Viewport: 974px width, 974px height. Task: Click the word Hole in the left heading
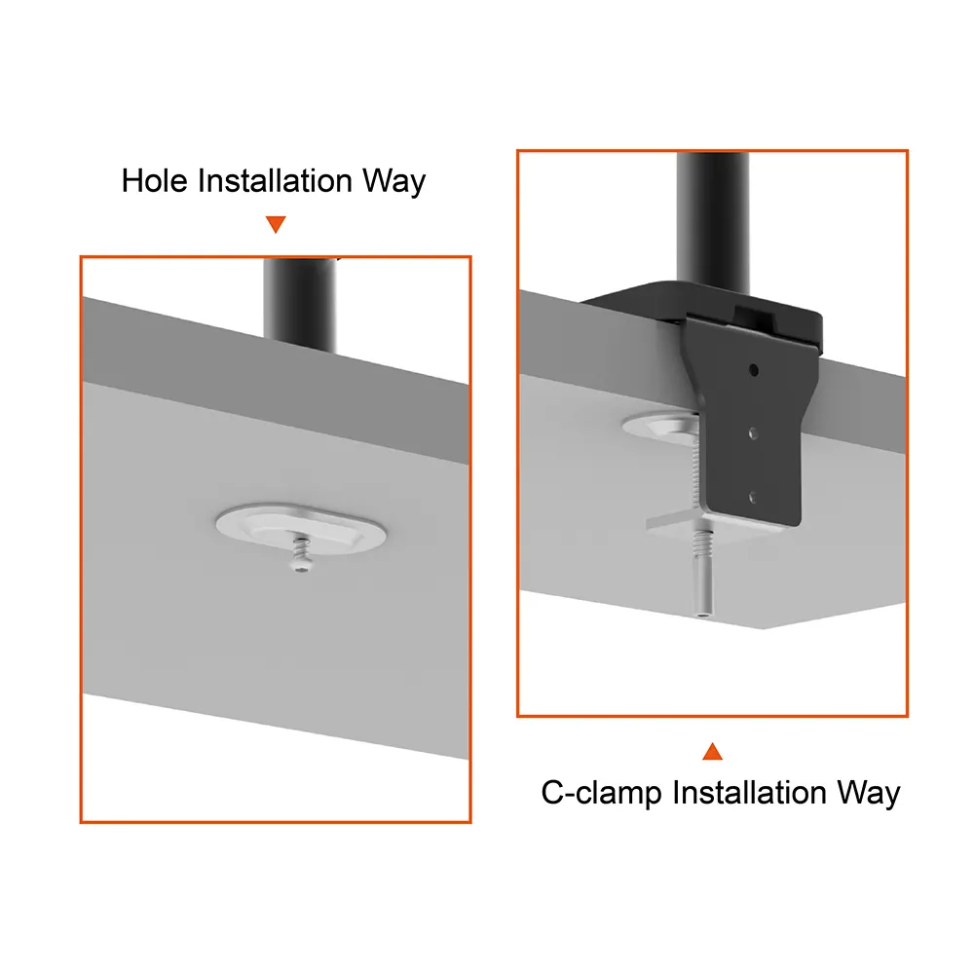point(155,181)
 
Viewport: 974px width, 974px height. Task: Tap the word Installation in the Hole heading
point(275,181)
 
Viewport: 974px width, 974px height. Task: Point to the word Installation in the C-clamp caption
point(749,793)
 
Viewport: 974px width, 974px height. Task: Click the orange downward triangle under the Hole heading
point(276,224)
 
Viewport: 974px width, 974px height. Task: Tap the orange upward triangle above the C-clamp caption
point(713,751)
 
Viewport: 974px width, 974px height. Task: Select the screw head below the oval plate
point(301,565)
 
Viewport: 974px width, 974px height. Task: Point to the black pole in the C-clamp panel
point(713,224)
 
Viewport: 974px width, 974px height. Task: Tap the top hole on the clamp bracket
point(754,370)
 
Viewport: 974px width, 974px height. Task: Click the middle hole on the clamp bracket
point(754,433)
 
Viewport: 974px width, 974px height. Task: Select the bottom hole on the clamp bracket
point(753,497)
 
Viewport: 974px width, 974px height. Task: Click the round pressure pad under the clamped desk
point(661,428)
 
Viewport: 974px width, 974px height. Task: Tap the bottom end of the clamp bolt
point(702,614)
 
